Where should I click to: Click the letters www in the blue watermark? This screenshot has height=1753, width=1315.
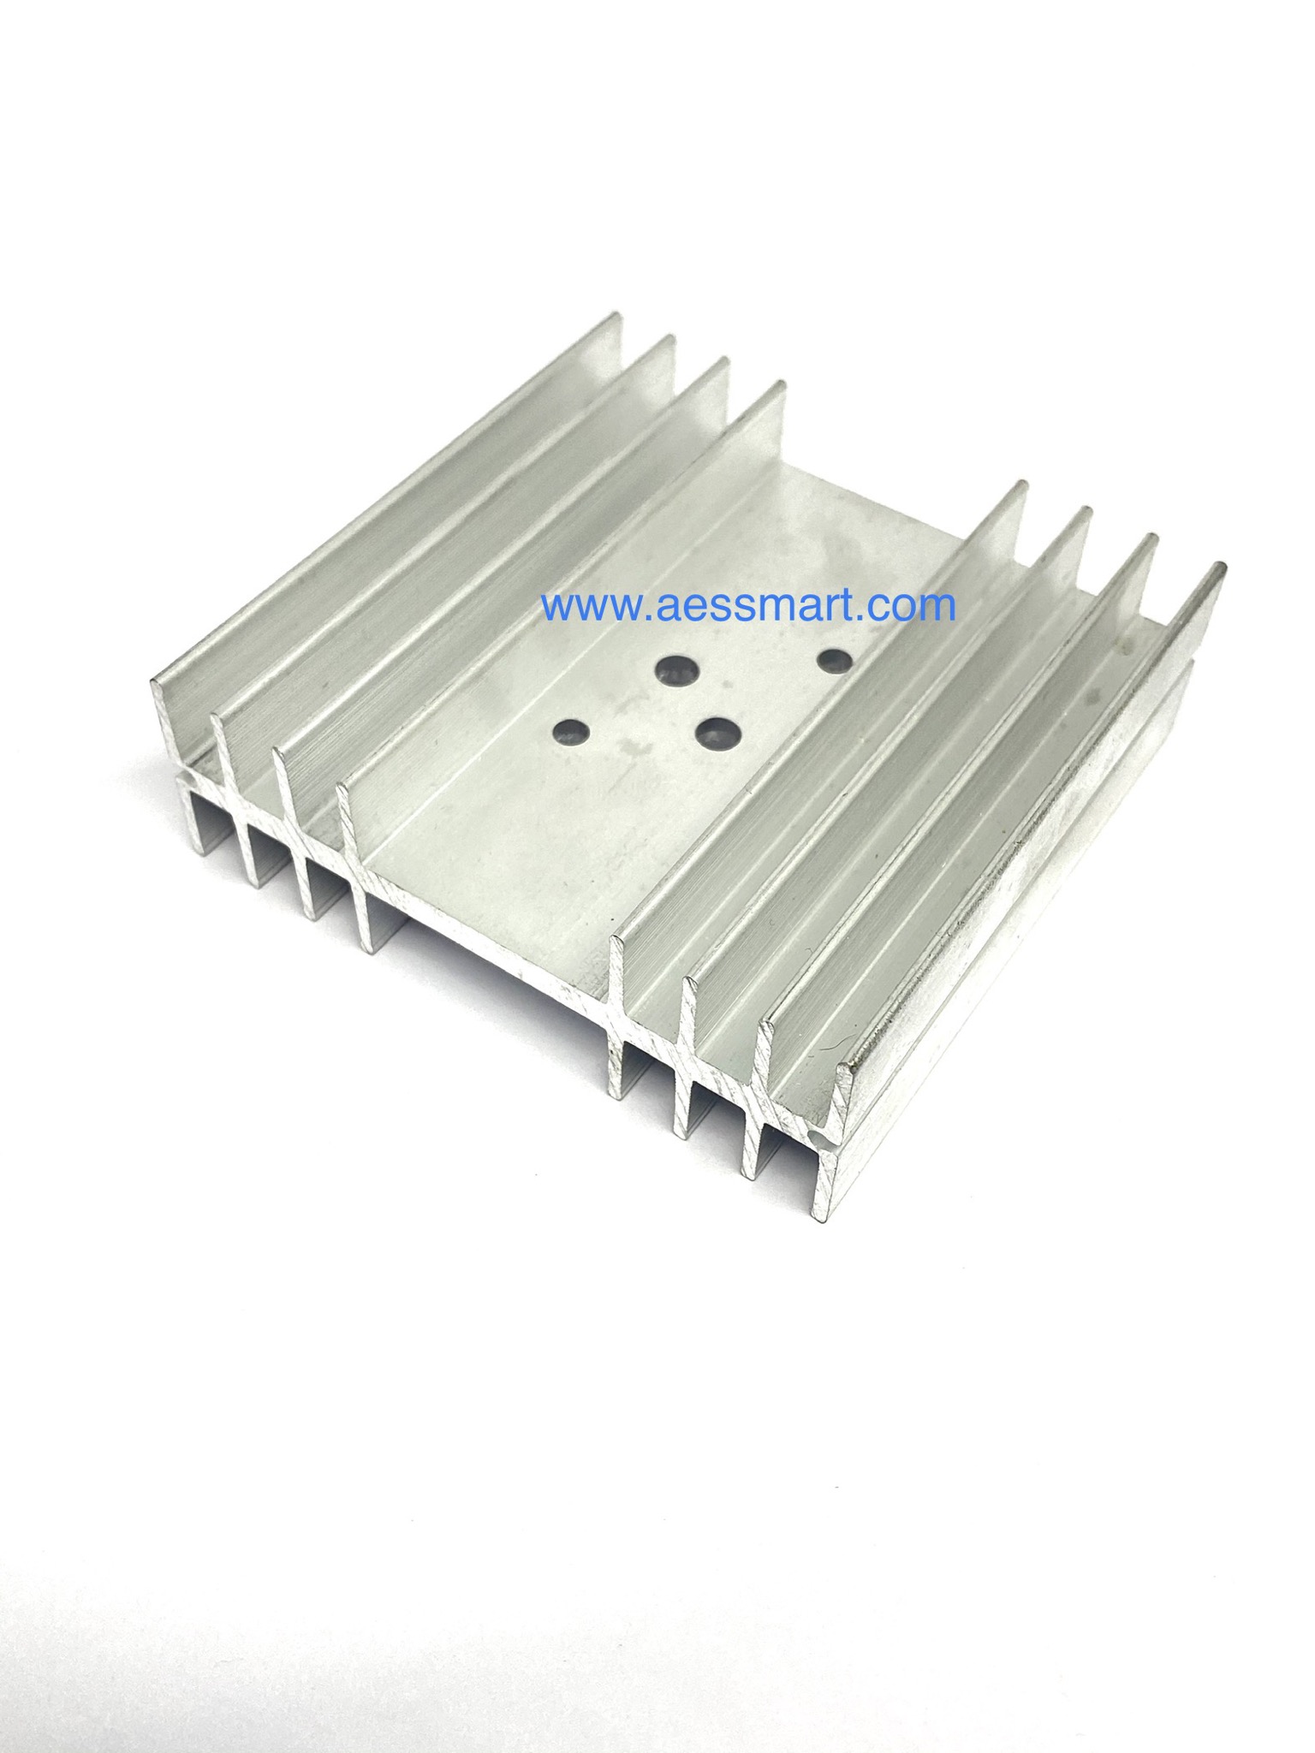click(584, 606)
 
